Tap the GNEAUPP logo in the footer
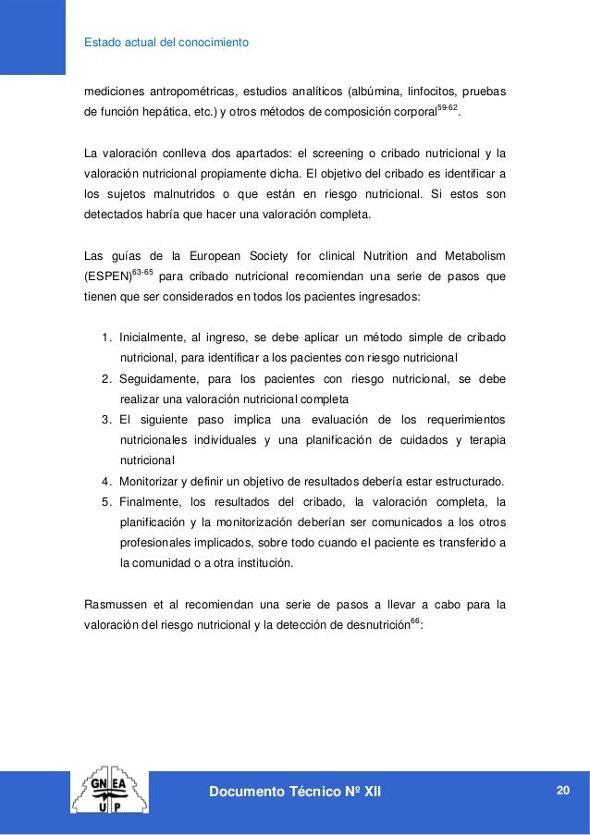112,792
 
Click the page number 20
562,788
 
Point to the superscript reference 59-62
447,108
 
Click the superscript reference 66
415,619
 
